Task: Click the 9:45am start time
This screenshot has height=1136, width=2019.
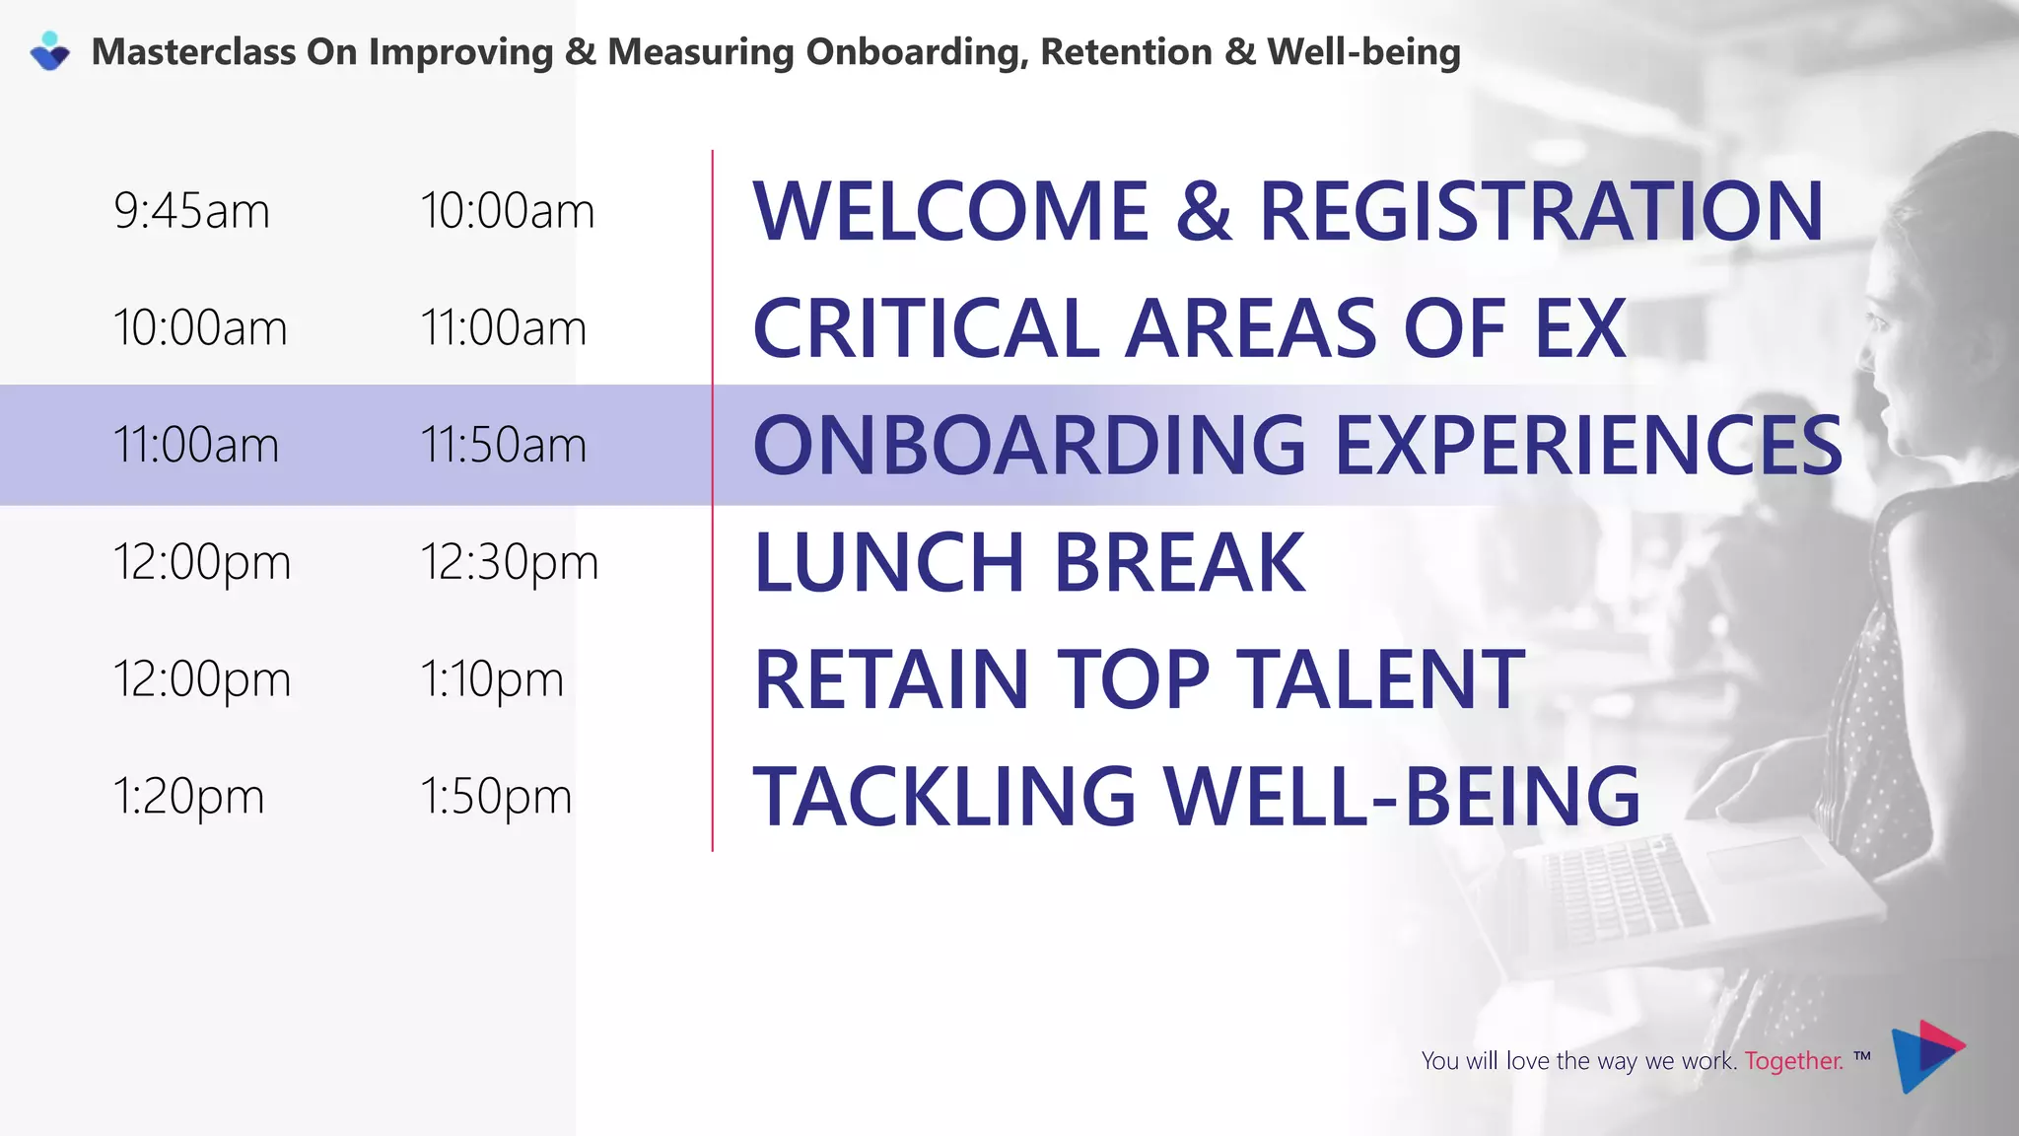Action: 191,211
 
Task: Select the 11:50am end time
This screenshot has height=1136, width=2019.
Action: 503,445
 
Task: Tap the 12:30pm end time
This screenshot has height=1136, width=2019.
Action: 509,562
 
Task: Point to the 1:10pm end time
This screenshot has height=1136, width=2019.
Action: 491,679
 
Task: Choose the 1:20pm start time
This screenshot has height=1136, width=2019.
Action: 188,796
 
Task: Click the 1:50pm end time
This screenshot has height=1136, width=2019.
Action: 496,796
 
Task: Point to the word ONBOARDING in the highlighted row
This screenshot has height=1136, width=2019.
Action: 1029,445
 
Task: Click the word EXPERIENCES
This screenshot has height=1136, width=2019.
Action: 1587,445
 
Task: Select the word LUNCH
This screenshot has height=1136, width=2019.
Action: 889,562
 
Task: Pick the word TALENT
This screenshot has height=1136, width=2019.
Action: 1380,679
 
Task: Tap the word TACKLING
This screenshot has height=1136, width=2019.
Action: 944,796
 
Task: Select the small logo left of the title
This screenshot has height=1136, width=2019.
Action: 50,51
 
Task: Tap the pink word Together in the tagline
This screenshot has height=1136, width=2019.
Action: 1793,1061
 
